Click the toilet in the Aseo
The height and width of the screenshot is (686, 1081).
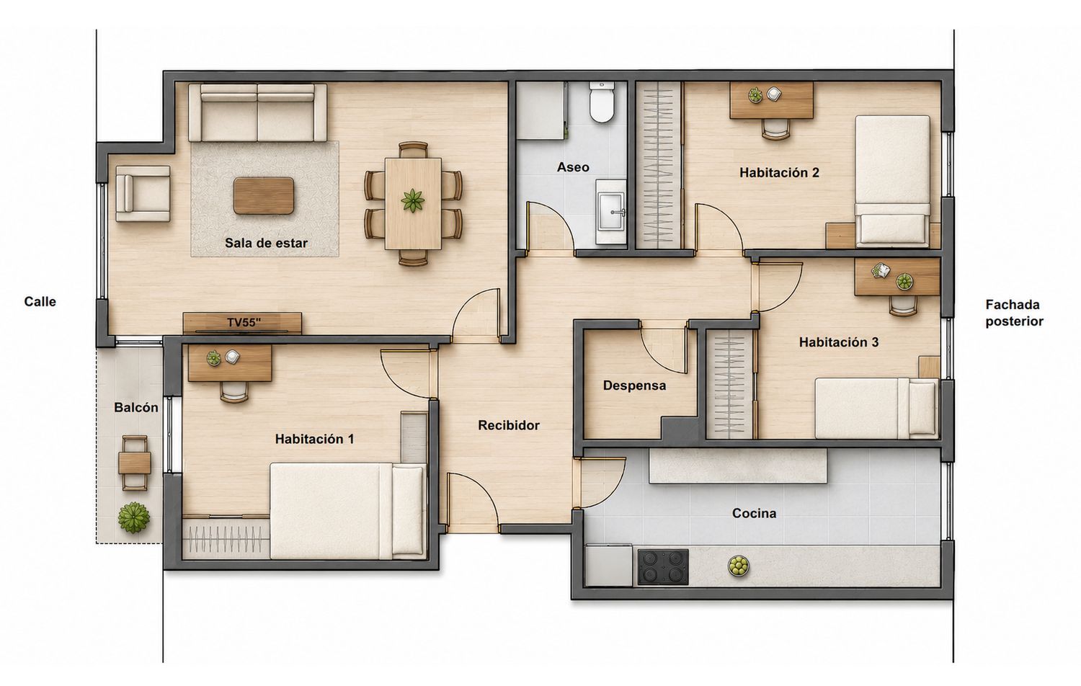click(x=602, y=102)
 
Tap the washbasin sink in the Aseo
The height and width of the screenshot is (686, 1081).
click(x=611, y=212)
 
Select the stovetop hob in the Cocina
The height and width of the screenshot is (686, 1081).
click(x=663, y=567)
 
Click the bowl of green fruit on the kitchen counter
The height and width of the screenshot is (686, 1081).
click(x=739, y=566)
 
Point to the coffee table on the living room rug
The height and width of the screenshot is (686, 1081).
click(x=264, y=195)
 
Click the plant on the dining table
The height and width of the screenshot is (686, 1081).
click(x=413, y=201)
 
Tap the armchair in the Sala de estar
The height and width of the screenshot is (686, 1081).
click(x=143, y=193)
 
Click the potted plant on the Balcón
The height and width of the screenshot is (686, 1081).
click(x=133, y=517)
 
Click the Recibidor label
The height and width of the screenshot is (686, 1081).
click(x=509, y=425)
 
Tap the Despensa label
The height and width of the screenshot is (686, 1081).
click(x=634, y=386)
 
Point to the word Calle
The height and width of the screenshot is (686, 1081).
click(x=40, y=301)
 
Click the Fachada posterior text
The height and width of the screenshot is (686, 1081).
click(x=1014, y=313)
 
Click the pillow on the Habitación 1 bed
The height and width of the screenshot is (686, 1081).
click(x=409, y=511)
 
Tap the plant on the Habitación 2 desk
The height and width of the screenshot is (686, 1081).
click(x=755, y=95)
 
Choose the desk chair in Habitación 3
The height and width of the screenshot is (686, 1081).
click(x=903, y=306)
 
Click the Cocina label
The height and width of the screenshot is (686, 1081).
click(x=754, y=513)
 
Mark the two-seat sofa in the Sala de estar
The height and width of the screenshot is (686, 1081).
click(x=258, y=112)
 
